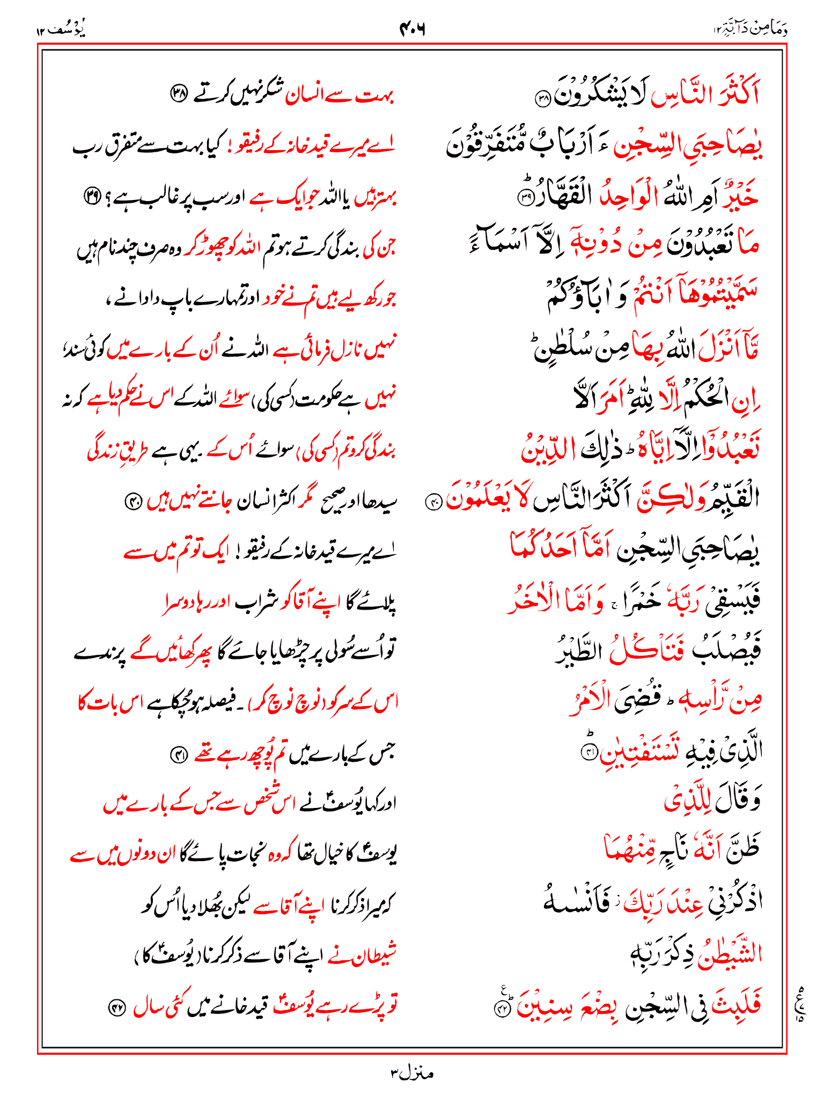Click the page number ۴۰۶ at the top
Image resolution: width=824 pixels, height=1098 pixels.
(412, 28)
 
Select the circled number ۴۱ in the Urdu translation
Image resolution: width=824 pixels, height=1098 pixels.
(178, 755)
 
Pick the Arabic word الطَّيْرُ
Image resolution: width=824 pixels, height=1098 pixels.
(579, 650)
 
